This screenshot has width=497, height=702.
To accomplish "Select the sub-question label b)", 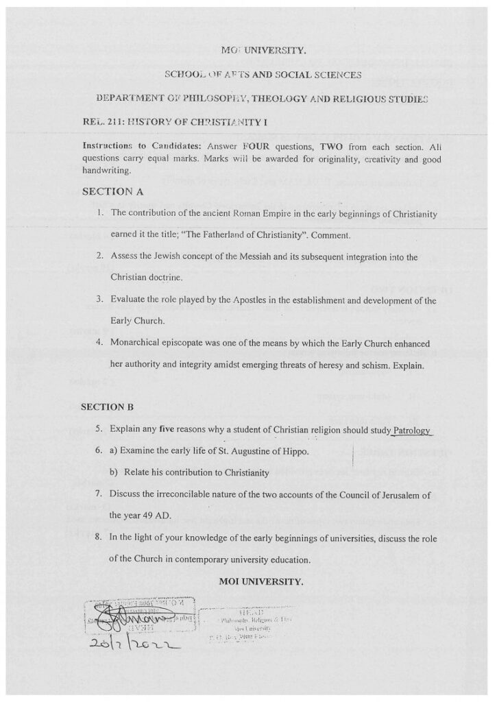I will (x=114, y=472).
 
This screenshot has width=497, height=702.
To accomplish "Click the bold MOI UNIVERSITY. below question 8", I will (x=260, y=581).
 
